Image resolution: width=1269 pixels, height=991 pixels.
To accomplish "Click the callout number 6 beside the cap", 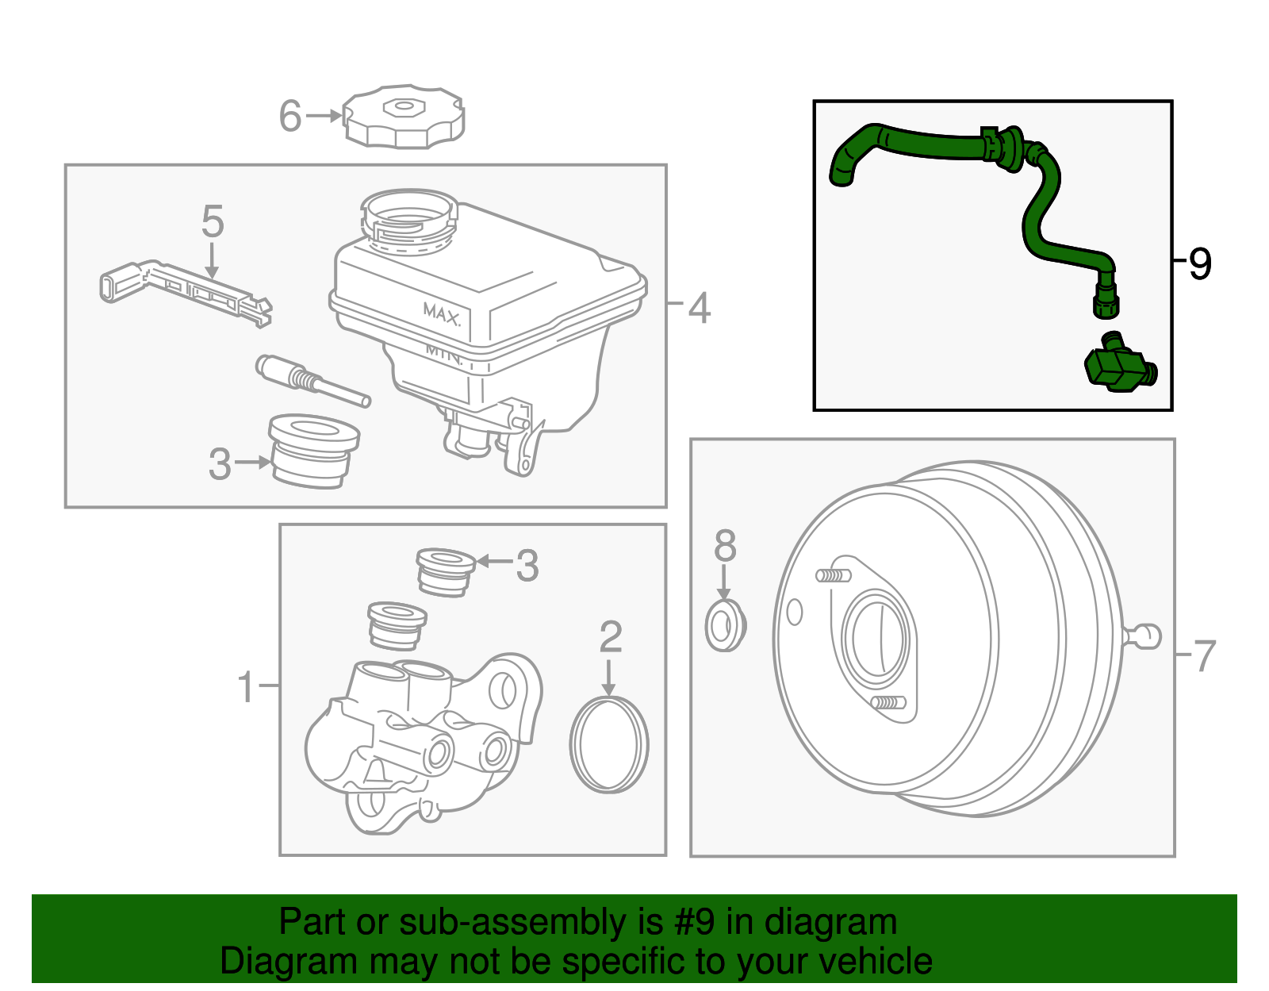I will click(290, 116).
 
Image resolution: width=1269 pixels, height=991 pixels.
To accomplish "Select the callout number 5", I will click(212, 221).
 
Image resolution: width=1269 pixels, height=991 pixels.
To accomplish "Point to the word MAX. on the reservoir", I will click(441, 314).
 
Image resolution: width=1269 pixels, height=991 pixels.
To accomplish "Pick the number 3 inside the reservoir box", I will click(220, 464).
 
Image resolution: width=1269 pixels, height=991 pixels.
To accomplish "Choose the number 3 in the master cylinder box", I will click(527, 566).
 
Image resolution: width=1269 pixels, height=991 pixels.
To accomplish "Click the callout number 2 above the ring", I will click(610, 637).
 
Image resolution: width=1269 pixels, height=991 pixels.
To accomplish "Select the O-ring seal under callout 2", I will click(609, 744).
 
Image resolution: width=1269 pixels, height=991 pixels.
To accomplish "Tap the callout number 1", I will click(247, 686).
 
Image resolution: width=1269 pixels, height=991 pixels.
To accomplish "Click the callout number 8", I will click(725, 546).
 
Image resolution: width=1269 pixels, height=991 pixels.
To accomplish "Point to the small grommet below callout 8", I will click(725, 626).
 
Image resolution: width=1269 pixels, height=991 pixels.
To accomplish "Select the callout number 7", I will click(1204, 656).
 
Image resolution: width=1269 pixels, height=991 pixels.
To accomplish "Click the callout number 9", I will click(1200, 263).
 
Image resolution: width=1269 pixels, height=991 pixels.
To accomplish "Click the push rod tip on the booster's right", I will click(1147, 636).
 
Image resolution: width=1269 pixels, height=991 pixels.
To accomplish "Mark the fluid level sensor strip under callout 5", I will click(187, 289).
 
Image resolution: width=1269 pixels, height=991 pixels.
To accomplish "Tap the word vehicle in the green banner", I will click(875, 961).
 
